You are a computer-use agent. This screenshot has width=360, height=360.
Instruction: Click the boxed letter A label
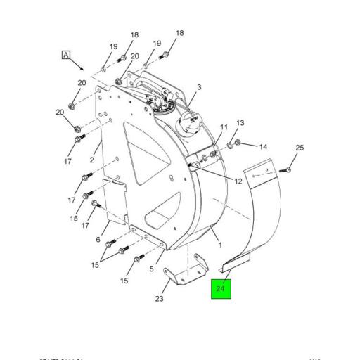click(x=66, y=55)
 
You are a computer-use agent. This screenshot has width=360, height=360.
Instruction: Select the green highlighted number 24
click(x=221, y=289)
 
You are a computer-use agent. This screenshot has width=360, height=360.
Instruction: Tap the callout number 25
click(x=299, y=148)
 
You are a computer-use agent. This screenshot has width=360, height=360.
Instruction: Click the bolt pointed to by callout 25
click(x=284, y=169)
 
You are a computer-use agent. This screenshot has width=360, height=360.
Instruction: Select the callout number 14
click(x=263, y=147)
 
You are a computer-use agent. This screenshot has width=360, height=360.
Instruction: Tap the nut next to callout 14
click(x=237, y=143)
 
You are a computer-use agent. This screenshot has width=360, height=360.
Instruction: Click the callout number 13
click(x=240, y=123)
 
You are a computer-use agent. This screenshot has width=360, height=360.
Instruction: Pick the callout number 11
click(x=224, y=127)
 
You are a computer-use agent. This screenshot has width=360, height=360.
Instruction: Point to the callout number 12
click(x=238, y=181)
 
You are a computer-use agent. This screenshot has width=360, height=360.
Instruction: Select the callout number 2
click(x=91, y=160)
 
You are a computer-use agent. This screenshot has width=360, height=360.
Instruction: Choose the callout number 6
click(x=98, y=240)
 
